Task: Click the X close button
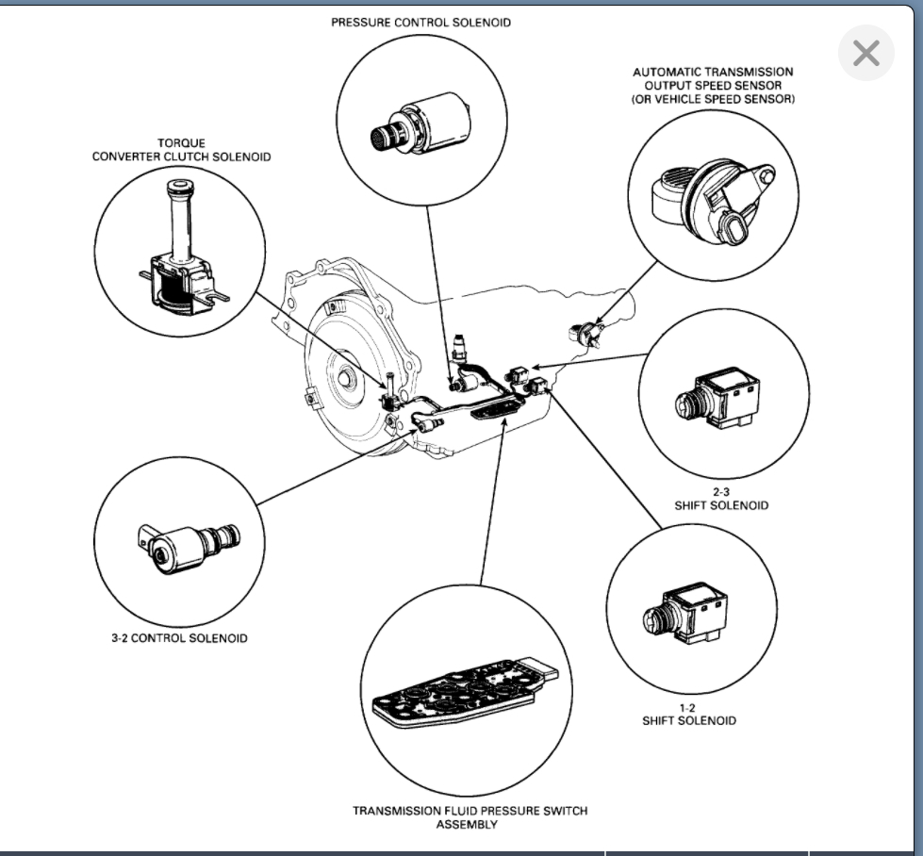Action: pyautogui.click(x=865, y=54)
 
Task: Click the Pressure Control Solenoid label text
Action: pyautogui.click(x=420, y=23)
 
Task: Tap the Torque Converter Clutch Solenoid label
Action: pyautogui.click(x=181, y=150)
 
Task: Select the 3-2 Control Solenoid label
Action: pyautogui.click(x=179, y=638)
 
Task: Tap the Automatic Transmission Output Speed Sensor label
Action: pyautogui.click(x=713, y=85)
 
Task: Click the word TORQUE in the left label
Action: pyautogui.click(x=181, y=143)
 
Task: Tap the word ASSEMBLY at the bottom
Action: pyautogui.click(x=467, y=825)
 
